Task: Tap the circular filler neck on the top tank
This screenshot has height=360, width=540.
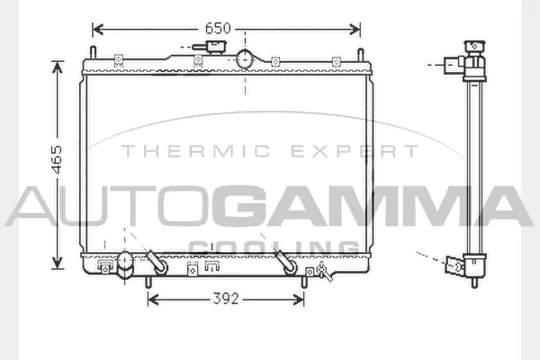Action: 246,59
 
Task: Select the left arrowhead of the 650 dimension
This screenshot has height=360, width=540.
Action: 97,30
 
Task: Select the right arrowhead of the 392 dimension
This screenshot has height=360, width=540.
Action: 300,300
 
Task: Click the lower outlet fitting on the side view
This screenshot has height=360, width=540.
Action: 457,265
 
